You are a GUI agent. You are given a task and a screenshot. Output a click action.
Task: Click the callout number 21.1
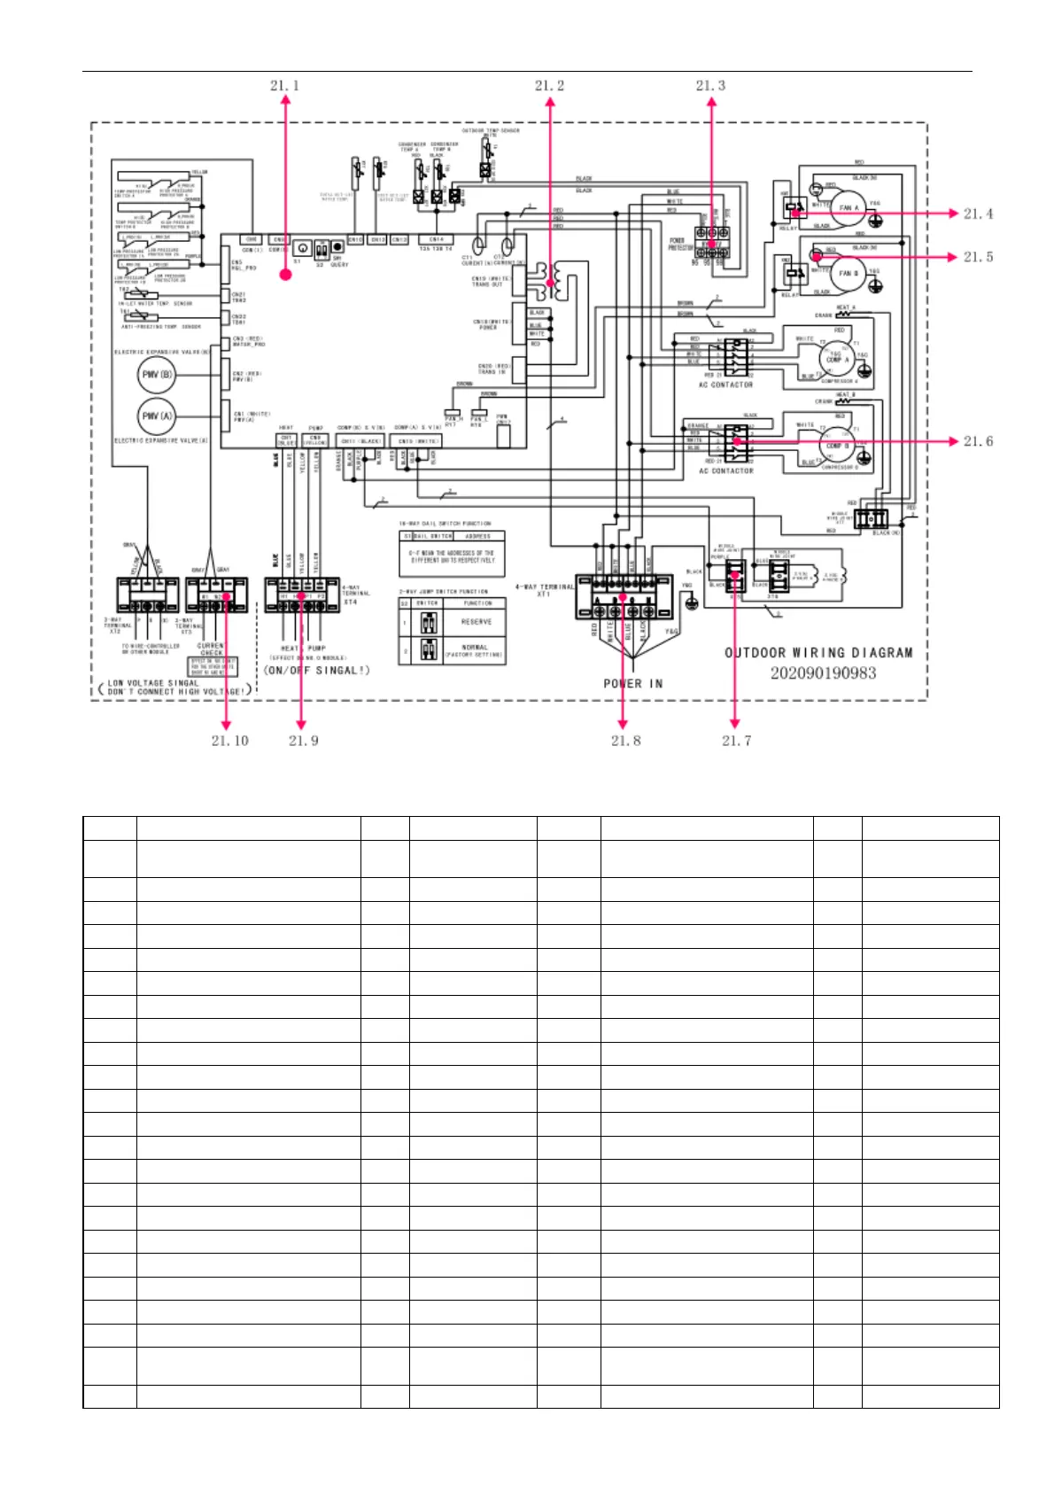pos(284,86)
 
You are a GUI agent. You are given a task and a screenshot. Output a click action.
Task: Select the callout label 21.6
pos(978,441)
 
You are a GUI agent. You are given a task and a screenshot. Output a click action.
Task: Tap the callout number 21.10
pos(229,741)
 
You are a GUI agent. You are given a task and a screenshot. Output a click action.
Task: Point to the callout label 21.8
pos(625,741)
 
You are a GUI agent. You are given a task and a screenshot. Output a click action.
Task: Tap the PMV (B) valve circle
pos(157,375)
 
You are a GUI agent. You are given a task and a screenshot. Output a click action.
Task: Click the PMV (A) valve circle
pos(157,416)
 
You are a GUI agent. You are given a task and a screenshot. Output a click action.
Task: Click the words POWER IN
pos(632,684)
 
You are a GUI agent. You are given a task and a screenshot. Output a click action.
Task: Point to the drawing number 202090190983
pos(823,673)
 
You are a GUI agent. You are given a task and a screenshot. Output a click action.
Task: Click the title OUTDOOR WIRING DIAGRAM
pos(818,653)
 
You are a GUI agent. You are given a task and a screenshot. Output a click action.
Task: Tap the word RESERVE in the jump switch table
pos(477,622)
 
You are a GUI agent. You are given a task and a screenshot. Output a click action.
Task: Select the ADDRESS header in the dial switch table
pos(478,536)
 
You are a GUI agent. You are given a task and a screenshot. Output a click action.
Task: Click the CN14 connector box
pos(436,239)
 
